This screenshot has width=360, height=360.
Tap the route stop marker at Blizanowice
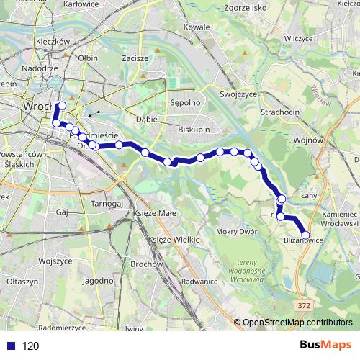point(305,234)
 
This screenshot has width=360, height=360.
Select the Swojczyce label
point(238,93)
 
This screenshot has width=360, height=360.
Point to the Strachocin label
point(282,112)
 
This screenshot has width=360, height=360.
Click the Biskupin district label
point(194,130)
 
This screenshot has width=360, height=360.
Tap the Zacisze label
point(135,58)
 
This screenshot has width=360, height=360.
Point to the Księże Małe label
point(138,214)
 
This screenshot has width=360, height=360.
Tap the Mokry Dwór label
point(235,232)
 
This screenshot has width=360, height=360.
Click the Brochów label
point(146,264)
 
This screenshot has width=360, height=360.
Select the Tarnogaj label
point(108,204)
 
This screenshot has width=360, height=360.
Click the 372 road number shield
point(303,305)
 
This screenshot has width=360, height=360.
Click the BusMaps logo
point(325,346)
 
